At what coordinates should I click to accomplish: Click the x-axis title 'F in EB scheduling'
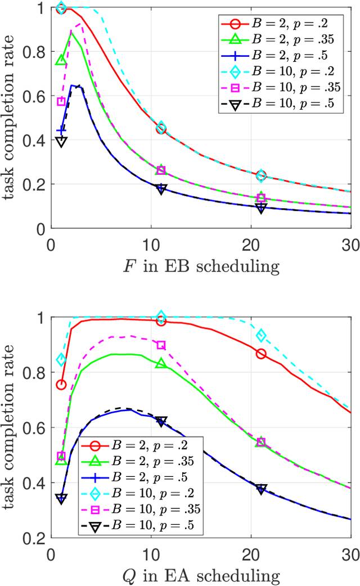(x=201, y=266)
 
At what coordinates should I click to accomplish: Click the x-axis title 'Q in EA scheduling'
(x=201, y=575)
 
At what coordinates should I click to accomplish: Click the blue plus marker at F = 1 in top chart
(x=61, y=130)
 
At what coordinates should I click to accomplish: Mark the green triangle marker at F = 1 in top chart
(x=61, y=60)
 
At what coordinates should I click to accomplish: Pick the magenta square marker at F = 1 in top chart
(x=61, y=102)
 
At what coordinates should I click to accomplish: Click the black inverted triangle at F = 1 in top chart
(x=61, y=141)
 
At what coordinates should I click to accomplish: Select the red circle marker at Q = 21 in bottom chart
(x=261, y=354)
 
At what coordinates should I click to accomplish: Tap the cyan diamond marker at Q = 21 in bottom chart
(x=261, y=336)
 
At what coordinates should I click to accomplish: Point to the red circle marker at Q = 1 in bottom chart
(x=61, y=385)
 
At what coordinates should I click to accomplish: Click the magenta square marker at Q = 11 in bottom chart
(x=161, y=345)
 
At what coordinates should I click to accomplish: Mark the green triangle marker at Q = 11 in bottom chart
(x=161, y=363)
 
